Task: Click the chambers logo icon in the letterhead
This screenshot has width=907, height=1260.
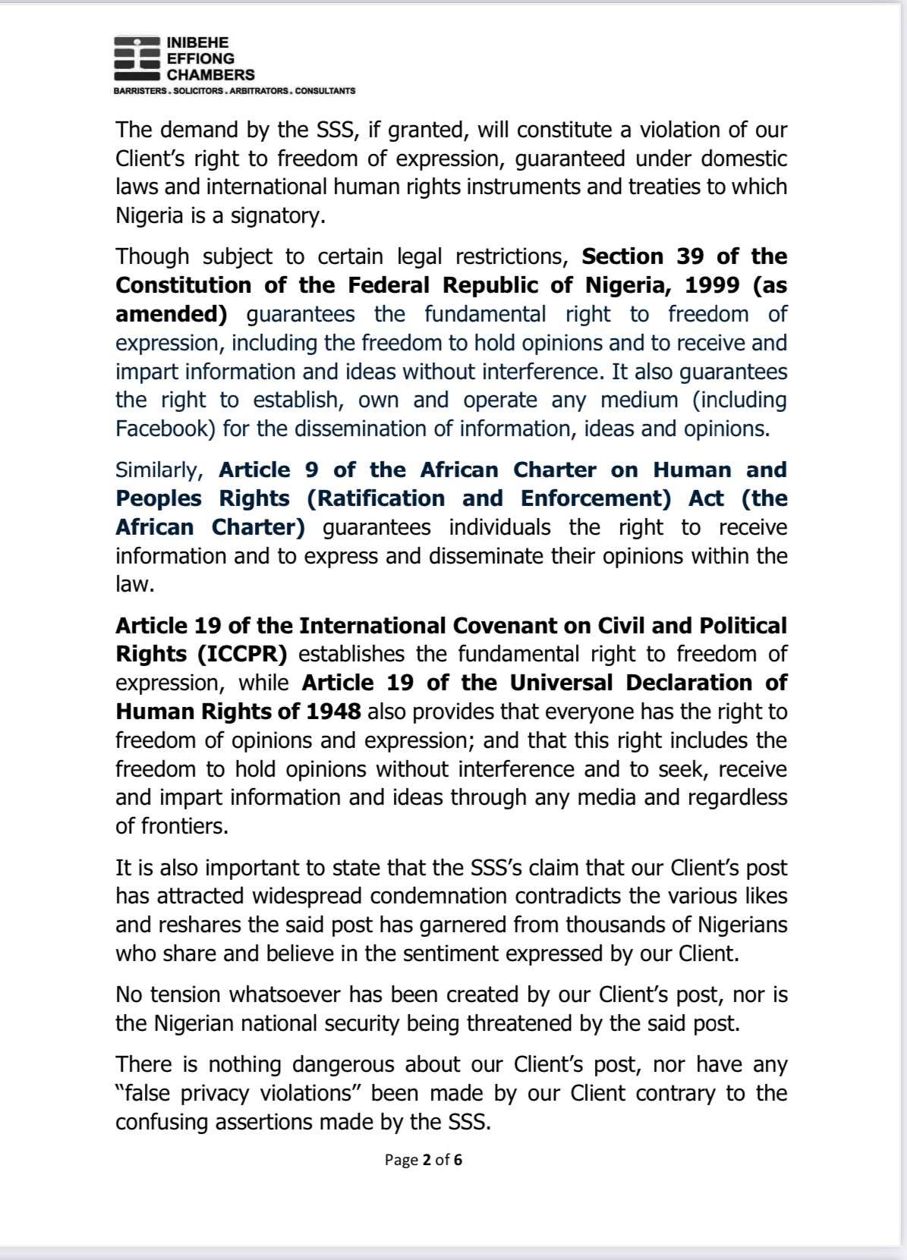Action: coord(137,58)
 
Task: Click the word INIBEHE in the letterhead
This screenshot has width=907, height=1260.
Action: coord(197,42)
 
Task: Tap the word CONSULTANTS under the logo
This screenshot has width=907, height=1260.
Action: coord(324,91)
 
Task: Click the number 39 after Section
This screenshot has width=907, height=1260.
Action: coord(690,256)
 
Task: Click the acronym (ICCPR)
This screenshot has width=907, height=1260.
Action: coord(244,655)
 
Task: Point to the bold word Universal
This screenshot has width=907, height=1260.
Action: coord(561,683)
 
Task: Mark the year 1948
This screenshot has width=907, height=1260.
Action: coord(333,712)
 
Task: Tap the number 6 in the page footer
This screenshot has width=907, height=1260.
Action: coord(458,1160)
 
